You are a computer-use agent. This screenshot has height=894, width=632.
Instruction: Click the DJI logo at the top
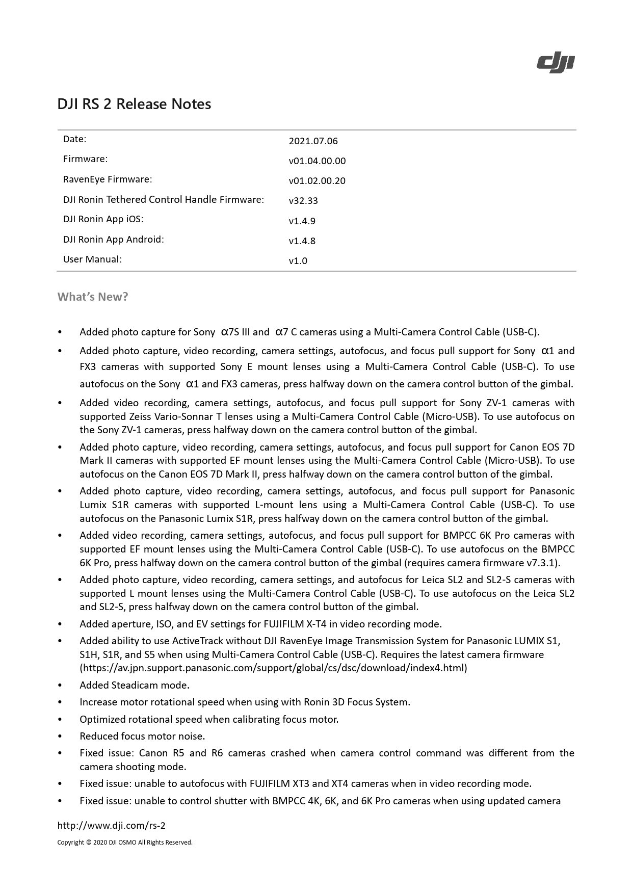coord(556,64)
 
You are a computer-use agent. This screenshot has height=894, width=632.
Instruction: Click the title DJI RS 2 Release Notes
coord(134,104)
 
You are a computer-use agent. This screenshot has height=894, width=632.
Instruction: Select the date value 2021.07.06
coord(313,141)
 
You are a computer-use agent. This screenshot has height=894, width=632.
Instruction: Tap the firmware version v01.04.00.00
coord(317,161)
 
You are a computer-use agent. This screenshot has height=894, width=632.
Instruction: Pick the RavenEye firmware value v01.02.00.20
coord(317,181)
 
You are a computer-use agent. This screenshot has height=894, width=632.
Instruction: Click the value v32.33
coord(303,201)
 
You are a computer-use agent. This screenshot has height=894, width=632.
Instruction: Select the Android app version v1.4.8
coord(302,241)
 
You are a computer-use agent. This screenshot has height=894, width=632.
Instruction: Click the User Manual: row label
coord(92,259)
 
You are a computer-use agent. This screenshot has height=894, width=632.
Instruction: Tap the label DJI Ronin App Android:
coord(113,239)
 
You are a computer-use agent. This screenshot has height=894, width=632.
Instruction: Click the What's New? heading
coord(93,297)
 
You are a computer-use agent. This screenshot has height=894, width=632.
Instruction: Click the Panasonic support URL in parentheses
coord(273,668)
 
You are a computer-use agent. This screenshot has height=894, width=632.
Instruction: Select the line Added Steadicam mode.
coord(135,685)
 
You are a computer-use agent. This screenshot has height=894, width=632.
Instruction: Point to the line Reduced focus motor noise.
coord(142,736)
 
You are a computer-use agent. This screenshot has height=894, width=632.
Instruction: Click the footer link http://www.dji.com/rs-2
coord(111,826)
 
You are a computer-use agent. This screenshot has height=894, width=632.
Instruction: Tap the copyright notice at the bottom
coord(125,843)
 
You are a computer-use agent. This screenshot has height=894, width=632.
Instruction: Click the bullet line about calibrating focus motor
coord(209,719)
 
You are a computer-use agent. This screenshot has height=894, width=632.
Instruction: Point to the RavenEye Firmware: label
coord(108,179)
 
